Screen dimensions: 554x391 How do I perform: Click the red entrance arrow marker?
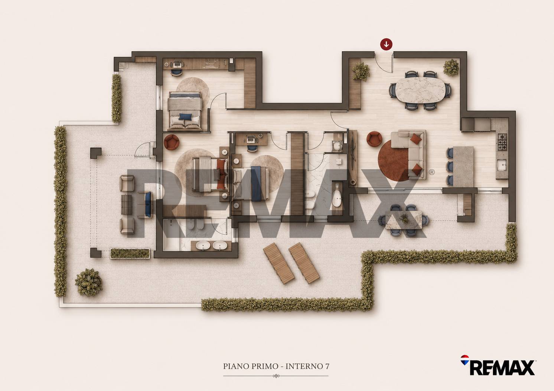coord(386,45)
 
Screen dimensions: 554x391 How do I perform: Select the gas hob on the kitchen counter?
coord(502,142)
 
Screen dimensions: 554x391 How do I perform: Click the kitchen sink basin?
coord(502,165)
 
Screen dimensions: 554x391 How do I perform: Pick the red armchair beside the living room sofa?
coord(374,139)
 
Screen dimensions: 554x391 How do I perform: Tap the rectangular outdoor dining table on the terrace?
coord(404,220)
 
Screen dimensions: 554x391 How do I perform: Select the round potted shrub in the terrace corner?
coord(88,282)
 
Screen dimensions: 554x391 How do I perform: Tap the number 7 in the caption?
coord(327,366)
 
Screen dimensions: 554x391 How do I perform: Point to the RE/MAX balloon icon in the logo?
coord(465,360)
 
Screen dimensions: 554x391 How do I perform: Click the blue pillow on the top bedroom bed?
coord(185,116)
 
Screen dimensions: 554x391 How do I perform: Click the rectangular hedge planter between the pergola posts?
coord(130,253)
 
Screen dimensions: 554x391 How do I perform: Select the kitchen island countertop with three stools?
coord(463,167)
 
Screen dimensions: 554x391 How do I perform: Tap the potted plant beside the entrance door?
coord(360,72)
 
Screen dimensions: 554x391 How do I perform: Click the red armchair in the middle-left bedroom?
coord(172,142)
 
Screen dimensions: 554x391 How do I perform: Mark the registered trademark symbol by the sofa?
coord(431,172)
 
